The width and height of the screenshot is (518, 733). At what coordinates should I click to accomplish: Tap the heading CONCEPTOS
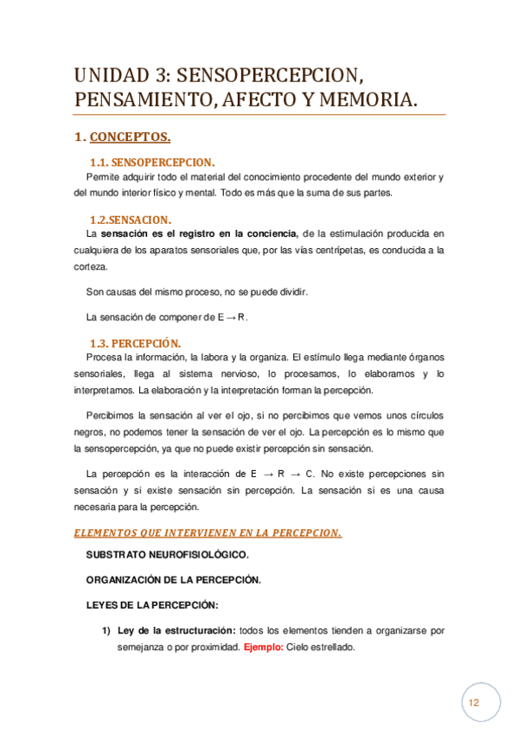(x=130, y=137)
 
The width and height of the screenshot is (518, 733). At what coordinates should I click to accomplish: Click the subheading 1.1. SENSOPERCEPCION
(x=152, y=163)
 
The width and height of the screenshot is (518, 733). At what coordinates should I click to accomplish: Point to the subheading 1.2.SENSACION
(x=131, y=219)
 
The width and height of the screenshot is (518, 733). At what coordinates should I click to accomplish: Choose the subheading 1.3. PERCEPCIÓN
(x=137, y=342)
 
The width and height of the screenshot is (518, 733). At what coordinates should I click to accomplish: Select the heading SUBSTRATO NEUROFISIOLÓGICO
(x=168, y=554)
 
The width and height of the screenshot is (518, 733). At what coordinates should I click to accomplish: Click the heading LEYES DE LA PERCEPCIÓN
(x=153, y=604)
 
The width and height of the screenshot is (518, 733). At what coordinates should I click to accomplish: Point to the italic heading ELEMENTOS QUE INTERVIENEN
(x=208, y=533)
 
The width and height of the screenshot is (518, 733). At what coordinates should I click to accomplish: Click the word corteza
(x=90, y=268)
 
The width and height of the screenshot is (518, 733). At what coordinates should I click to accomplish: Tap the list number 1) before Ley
(x=108, y=631)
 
